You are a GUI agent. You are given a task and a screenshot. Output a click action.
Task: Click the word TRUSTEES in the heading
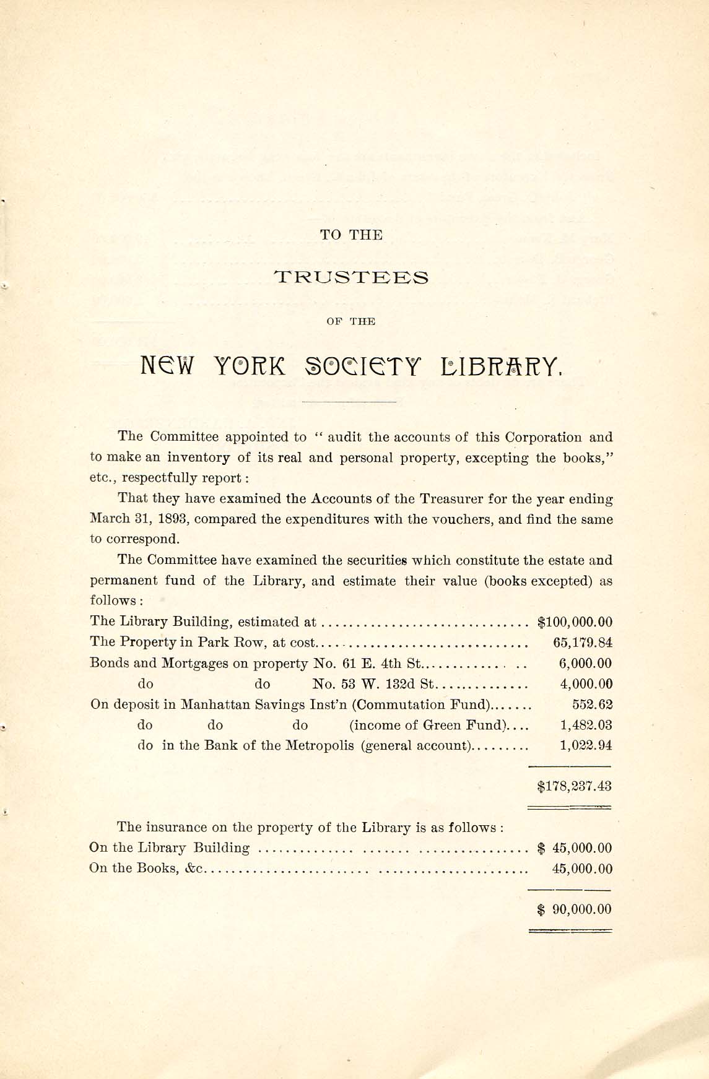(x=351, y=277)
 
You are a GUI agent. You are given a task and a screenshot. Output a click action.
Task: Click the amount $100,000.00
(x=575, y=622)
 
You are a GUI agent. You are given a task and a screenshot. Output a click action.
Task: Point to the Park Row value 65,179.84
(x=583, y=643)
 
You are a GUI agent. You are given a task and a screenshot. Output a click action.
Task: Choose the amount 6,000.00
(x=585, y=664)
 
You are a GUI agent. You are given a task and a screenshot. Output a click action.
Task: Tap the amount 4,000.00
(x=586, y=684)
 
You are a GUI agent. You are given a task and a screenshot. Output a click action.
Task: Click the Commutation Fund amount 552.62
(x=592, y=704)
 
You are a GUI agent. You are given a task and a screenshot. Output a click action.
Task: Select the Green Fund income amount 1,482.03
(x=586, y=725)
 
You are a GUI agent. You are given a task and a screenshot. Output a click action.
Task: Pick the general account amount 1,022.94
(x=586, y=745)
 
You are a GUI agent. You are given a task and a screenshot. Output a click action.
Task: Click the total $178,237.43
(x=575, y=786)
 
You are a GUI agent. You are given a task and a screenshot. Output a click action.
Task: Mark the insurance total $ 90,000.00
(x=575, y=909)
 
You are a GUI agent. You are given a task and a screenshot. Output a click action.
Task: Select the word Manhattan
(x=211, y=704)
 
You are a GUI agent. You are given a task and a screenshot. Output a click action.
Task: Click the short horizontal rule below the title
(x=349, y=403)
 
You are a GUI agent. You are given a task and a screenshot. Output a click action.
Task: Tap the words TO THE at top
(x=351, y=235)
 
